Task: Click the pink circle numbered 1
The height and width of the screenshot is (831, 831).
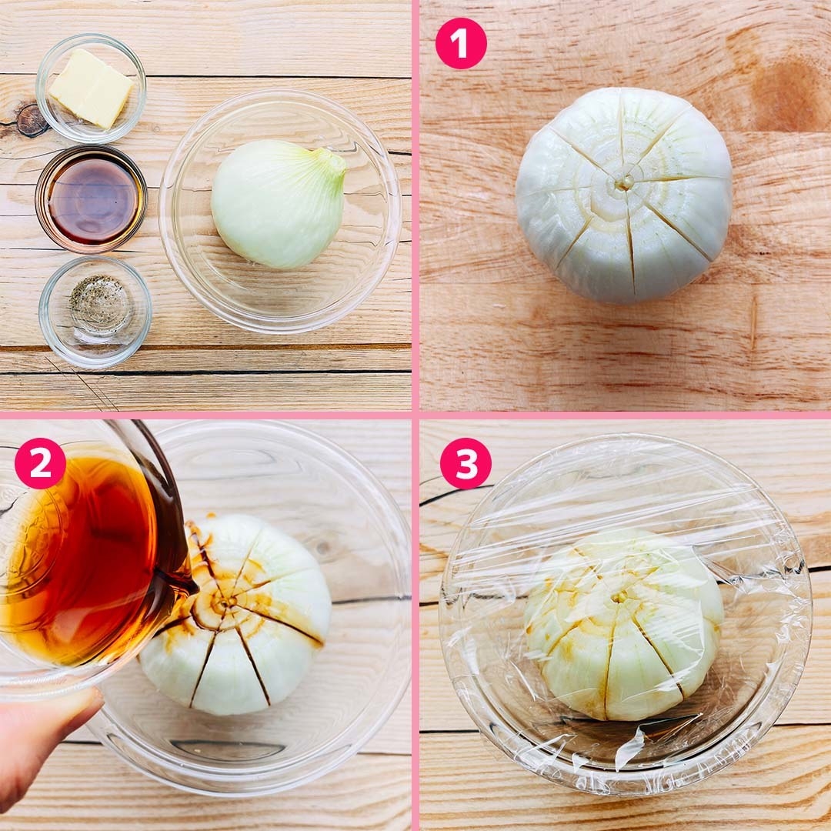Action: [x=461, y=43]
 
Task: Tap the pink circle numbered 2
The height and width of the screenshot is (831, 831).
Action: [x=40, y=463]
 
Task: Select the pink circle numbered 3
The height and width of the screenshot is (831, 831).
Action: [x=466, y=463]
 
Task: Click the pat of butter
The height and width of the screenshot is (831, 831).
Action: [x=91, y=88]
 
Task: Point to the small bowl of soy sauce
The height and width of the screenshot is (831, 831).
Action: [x=91, y=199]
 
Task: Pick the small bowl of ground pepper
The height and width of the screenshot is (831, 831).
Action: [x=95, y=312]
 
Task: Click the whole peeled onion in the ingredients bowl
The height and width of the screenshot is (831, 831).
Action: [x=279, y=203]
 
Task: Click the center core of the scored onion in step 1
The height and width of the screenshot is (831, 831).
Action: [x=625, y=183]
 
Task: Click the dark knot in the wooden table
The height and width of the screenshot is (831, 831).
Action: [x=31, y=120]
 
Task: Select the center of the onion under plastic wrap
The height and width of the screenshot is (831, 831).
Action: [x=619, y=598]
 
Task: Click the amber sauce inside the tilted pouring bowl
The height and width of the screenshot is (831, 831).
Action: [x=79, y=556]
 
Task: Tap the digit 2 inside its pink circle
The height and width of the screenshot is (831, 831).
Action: [x=40, y=464]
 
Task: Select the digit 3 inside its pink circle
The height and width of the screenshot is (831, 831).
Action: [x=466, y=464]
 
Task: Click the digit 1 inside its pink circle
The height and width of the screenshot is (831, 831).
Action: [x=460, y=43]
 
